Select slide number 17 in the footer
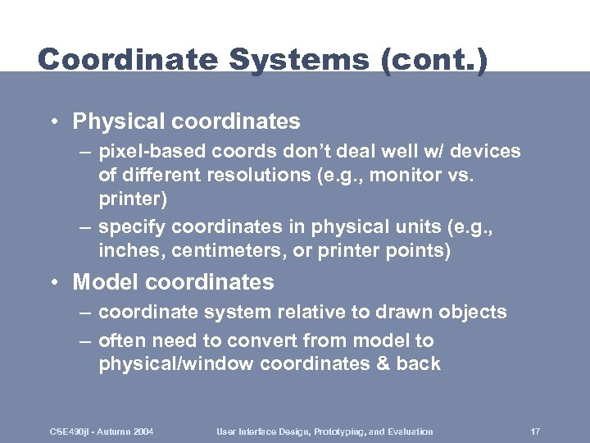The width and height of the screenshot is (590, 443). (534, 432)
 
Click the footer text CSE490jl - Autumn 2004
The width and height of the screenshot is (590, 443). (100, 432)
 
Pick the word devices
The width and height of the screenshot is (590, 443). (483, 152)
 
